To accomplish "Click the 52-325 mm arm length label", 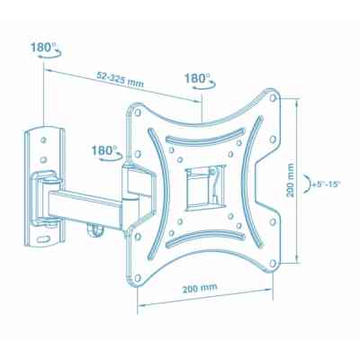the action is [120, 79].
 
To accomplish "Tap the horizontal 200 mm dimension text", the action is [200, 288].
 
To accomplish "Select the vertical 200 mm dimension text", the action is [290, 180].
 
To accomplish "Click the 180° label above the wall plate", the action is [43, 47].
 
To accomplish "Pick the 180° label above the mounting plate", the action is [197, 78].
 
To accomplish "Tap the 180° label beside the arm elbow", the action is [104, 150].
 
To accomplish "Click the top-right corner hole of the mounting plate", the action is [273, 98].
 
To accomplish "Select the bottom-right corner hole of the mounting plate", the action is [273, 263].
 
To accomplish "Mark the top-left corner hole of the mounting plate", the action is [138, 112].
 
